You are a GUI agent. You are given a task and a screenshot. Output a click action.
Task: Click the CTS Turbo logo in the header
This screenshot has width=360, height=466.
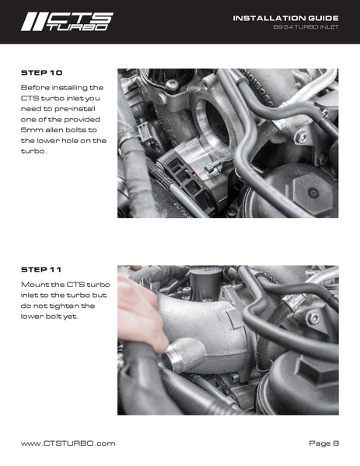pos(67,22)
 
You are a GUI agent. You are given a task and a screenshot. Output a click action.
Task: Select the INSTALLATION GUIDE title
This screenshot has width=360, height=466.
pos(285,18)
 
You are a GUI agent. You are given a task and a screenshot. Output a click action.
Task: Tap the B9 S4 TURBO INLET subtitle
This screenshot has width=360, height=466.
pos(306,27)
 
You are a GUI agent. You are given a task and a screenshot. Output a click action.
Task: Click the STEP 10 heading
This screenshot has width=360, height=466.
pos(41,73)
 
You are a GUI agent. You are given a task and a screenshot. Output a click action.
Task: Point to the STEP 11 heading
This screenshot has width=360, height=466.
pos(41,270)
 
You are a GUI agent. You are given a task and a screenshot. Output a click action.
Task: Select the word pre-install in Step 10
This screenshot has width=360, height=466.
pos(75,109)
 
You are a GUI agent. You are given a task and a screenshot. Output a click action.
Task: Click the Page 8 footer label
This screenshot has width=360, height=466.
pos(323,443)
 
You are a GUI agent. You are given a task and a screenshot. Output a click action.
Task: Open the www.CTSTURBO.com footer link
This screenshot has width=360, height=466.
pos(68,443)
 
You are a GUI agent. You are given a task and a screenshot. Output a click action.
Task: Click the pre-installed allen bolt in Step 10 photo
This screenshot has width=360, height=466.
pos(211,168)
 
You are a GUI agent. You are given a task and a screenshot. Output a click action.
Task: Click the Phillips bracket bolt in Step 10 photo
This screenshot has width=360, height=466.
pos(302,138)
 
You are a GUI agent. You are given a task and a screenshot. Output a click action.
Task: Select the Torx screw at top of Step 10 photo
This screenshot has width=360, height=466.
pos(170,84)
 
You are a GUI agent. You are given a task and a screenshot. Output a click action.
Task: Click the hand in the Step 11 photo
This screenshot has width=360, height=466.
pos(141,313)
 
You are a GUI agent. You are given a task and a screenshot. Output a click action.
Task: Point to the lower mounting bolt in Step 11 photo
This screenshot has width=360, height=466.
pos(235,377)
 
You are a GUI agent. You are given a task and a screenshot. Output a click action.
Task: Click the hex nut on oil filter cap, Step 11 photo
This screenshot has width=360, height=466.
pos(314,369)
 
